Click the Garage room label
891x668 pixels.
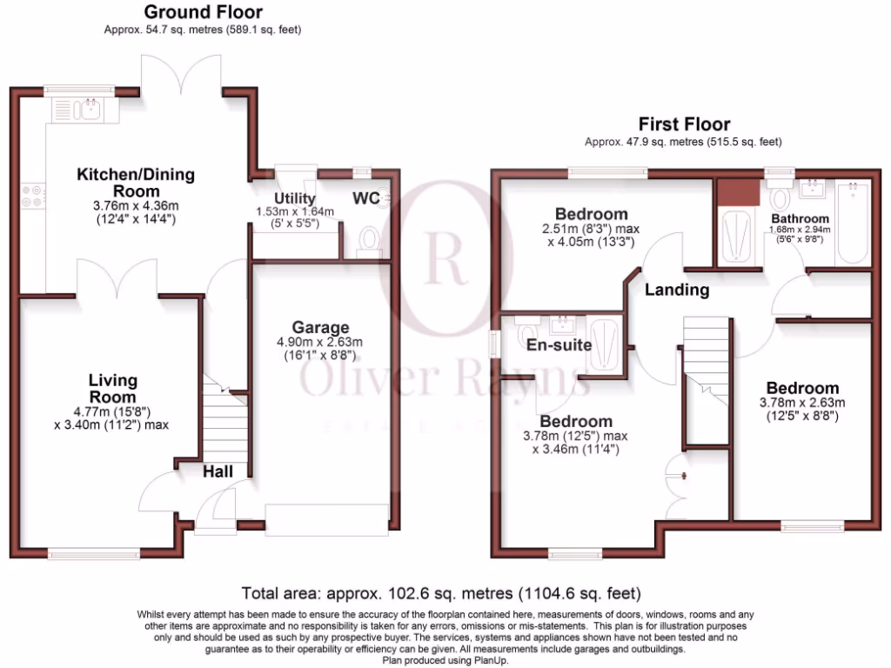click(320, 328)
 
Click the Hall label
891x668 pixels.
click(218, 471)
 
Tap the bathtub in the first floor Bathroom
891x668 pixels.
click(852, 224)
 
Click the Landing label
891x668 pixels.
click(676, 290)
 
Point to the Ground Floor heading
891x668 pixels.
click(203, 12)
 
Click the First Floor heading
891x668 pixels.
click(684, 124)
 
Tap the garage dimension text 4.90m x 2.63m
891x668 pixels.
click(320, 342)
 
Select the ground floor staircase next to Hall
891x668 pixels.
click(225, 426)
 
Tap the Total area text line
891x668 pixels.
click(442, 595)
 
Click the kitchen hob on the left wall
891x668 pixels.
click(36, 196)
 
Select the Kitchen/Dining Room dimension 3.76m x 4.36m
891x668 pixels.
click(135, 206)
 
